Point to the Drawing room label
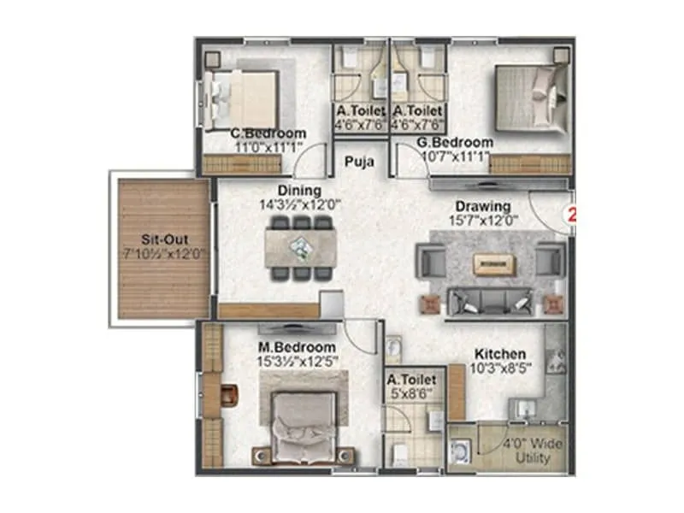coord(483,206)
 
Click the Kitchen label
coord(500,354)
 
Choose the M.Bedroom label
coord(298,347)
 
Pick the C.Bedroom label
coord(268,133)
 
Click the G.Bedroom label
coord(455,142)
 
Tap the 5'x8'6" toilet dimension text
coord(412,394)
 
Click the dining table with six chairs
coord(299,248)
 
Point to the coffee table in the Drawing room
coord(491,264)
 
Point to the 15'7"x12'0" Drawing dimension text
coord(483,221)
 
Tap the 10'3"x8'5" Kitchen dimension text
coord(500,369)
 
